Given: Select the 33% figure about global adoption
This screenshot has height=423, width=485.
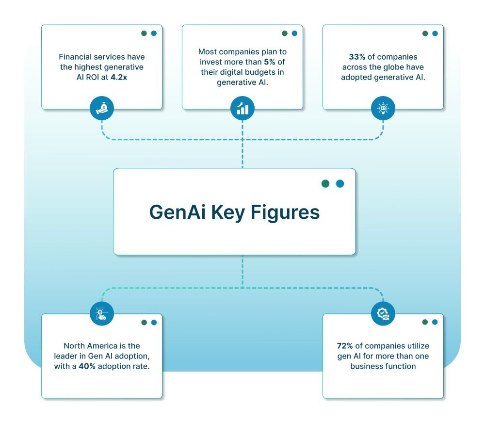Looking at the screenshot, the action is [357, 57].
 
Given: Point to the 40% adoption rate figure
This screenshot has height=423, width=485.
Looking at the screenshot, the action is [88, 366].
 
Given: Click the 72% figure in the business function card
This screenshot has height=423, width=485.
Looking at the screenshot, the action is [345, 346].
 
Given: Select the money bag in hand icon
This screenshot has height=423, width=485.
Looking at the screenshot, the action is [102, 109].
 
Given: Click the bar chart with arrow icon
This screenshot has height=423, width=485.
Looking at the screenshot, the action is [242, 109].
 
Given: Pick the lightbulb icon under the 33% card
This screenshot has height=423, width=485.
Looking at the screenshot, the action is [383, 109].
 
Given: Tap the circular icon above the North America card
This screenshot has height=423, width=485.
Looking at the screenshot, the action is [102, 314].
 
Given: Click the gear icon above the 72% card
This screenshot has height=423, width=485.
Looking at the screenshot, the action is [383, 314].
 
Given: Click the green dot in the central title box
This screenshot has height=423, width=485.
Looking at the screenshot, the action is [325, 184].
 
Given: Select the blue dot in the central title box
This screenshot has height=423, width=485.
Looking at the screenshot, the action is [340, 184].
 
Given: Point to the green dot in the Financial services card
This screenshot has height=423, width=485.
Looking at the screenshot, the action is [144, 33].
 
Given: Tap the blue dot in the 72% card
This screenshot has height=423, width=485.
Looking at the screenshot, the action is [435, 322].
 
